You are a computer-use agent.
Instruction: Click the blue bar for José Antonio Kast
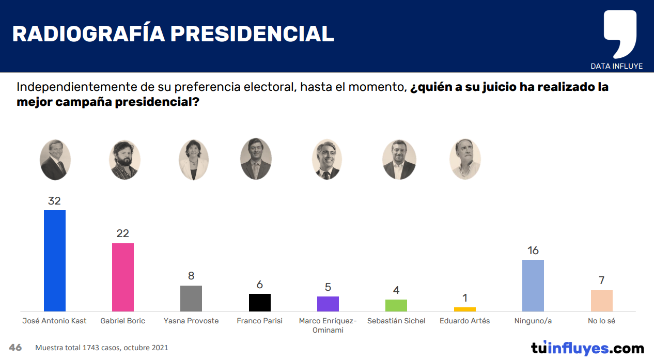pyautogui.click(x=55, y=260)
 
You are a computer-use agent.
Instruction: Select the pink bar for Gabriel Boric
pyautogui.click(x=123, y=277)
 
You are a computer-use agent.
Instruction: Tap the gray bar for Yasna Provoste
pyautogui.click(x=191, y=298)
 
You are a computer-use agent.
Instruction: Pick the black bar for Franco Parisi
pyautogui.click(x=259, y=302)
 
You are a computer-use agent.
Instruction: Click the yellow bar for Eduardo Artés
pyautogui.click(x=465, y=309)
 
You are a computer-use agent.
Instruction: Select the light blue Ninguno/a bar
pyautogui.click(x=533, y=285)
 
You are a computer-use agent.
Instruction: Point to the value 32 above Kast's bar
pyautogui.click(x=54, y=201)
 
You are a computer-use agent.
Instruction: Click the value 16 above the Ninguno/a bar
pyautogui.click(x=533, y=251)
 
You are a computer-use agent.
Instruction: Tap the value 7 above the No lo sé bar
pyautogui.click(x=601, y=280)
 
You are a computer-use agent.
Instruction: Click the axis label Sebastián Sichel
pyautogui.click(x=396, y=321)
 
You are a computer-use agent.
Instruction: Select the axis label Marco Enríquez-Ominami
pyautogui.click(x=328, y=325)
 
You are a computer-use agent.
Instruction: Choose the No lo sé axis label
pyautogui.click(x=601, y=321)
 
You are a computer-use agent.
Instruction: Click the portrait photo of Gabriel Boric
pyautogui.click(x=124, y=160)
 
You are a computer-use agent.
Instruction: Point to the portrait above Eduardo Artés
pyautogui.click(x=465, y=159)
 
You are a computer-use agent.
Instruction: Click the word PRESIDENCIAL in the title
pyautogui.click(x=253, y=34)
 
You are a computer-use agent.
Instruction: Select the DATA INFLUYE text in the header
pyautogui.click(x=616, y=66)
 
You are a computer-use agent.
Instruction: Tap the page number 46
pyautogui.click(x=15, y=348)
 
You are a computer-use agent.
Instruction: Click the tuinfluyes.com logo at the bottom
pyautogui.click(x=587, y=348)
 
